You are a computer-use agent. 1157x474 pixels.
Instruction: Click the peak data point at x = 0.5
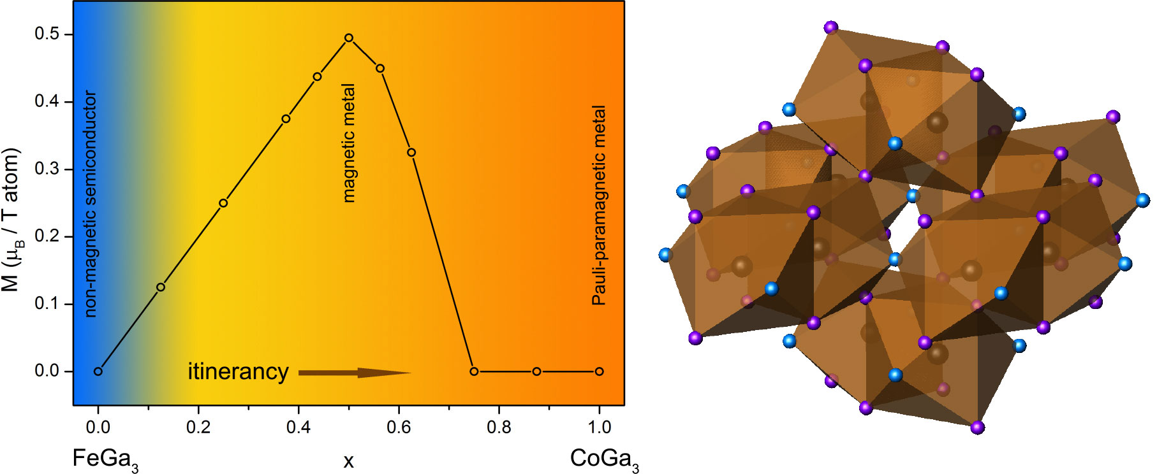pos(349,38)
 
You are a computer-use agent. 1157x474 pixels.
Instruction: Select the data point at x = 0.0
pos(98,371)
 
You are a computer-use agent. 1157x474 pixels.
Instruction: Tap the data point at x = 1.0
pos(599,371)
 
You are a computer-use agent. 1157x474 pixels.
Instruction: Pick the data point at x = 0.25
pos(223,203)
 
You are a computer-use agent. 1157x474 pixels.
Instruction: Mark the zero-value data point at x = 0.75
pos(474,371)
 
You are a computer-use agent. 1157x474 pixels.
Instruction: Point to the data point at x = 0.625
pos(411,152)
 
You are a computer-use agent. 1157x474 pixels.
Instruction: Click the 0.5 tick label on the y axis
pos(47,34)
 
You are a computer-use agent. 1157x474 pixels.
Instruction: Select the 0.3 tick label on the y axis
pos(47,169)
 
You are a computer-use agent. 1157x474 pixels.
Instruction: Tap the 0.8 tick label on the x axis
pos(499,427)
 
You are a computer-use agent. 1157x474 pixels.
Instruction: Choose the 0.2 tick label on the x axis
pos(198,427)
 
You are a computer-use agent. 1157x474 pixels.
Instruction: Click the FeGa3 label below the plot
pos(105,459)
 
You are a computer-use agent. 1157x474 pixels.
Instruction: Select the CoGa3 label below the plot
pos(604,459)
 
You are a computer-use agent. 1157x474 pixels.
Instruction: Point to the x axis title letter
pos(348,461)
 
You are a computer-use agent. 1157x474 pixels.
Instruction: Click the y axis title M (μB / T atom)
pos(11,220)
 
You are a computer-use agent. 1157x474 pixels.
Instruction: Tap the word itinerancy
pos(238,371)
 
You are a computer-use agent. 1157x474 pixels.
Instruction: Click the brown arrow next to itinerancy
pos(354,373)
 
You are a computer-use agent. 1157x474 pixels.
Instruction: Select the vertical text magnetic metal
pos(349,143)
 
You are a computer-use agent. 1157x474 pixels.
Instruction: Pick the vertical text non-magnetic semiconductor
pos(91,204)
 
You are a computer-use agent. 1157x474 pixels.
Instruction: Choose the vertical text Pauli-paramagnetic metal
pos(599,205)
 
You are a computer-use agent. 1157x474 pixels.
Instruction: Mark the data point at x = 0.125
pos(161,287)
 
